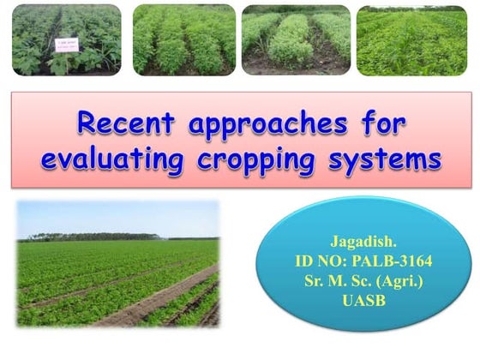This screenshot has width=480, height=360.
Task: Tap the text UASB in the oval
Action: click(357, 301)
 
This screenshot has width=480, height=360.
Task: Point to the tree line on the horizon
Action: click(86, 237)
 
